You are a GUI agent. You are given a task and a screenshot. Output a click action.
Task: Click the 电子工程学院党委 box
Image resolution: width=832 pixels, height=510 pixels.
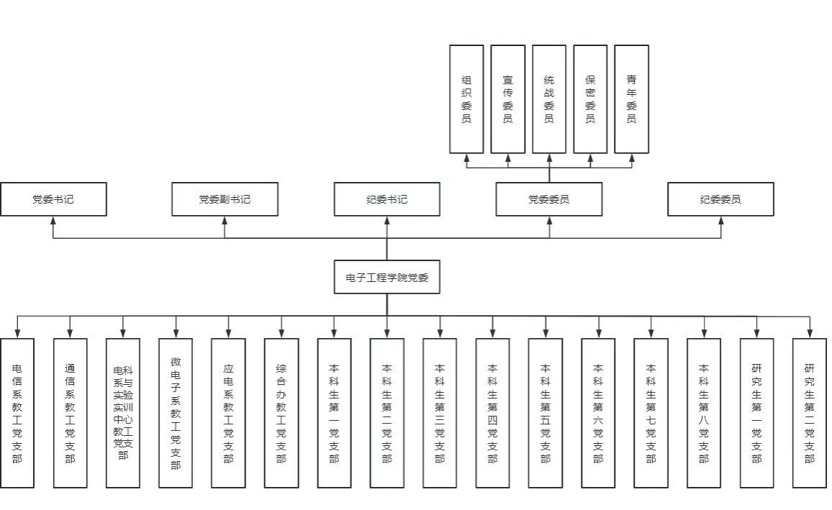tap(386, 277)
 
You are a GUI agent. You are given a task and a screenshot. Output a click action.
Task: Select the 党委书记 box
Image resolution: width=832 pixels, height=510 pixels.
tap(53, 199)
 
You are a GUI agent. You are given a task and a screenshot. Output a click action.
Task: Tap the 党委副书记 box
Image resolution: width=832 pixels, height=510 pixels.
tap(225, 199)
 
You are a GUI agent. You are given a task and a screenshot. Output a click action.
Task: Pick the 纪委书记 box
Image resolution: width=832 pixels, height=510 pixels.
tap(386, 199)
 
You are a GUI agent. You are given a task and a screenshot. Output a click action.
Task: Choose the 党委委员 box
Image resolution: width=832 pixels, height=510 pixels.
tap(548, 199)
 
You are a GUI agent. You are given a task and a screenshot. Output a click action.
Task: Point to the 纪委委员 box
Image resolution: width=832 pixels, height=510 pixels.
tap(720, 199)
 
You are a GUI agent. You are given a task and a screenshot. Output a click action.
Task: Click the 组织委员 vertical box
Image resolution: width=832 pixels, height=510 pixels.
tap(466, 99)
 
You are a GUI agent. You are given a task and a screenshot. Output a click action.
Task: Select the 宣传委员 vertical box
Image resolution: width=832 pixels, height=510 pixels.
tap(507, 99)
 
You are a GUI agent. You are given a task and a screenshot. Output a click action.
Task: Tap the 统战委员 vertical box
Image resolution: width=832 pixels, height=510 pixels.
tap(549, 99)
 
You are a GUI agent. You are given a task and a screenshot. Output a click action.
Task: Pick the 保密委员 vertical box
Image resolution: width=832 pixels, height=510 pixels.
tap(590, 99)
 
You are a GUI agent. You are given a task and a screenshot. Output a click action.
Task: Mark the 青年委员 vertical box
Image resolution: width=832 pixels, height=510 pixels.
tap(631, 99)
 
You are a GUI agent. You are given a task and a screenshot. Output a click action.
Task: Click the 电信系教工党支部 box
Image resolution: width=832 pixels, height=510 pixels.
tap(17, 413)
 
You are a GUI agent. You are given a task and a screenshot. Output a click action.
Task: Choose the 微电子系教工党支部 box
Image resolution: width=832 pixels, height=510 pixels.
tap(176, 413)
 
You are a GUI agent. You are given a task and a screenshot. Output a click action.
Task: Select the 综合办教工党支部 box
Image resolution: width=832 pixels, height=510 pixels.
tap(281, 413)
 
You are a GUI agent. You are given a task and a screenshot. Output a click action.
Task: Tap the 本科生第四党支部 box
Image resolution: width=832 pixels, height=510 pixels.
tap(493, 413)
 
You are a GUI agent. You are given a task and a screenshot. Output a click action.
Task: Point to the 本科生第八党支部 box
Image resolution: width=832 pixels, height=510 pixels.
tap(704, 413)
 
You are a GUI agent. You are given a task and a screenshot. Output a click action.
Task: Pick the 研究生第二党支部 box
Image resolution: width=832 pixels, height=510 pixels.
tap(810, 413)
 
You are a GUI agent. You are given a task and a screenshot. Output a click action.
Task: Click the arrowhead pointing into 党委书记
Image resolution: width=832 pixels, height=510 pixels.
tap(53, 221)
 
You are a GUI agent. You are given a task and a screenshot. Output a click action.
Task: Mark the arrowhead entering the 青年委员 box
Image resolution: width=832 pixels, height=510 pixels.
tap(632, 158)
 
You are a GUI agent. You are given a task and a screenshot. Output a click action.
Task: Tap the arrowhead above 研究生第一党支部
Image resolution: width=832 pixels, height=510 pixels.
tap(757, 333)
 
